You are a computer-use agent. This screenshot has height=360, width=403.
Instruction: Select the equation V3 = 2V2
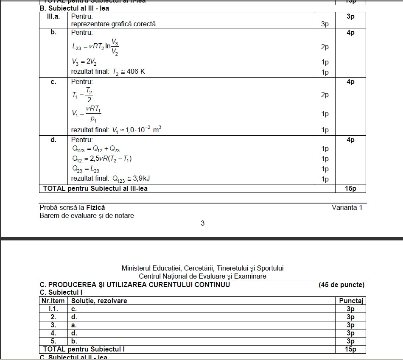click(x=84, y=62)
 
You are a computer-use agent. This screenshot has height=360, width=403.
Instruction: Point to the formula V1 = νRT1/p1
click(x=87, y=114)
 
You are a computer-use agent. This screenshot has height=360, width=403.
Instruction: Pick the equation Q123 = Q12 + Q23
click(x=96, y=149)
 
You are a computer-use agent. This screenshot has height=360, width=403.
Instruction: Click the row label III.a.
click(x=53, y=16)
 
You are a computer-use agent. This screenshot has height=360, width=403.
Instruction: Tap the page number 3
click(x=202, y=223)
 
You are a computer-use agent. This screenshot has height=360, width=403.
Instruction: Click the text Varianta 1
click(x=347, y=208)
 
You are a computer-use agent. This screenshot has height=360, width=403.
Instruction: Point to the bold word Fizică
click(x=95, y=208)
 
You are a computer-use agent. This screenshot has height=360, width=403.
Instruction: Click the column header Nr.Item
click(x=53, y=301)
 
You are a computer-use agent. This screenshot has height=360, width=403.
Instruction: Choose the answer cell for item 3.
click(x=74, y=325)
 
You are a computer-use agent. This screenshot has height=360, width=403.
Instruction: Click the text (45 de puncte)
click(x=341, y=285)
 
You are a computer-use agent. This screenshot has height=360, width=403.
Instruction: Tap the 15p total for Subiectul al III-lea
click(x=350, y=188)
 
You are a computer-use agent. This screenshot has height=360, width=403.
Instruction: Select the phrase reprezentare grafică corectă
click(x=113, y=24)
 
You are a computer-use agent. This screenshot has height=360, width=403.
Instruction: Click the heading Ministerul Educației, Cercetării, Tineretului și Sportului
click(x=202, y=268)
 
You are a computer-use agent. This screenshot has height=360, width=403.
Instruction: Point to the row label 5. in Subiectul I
click(x=53, y=341)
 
